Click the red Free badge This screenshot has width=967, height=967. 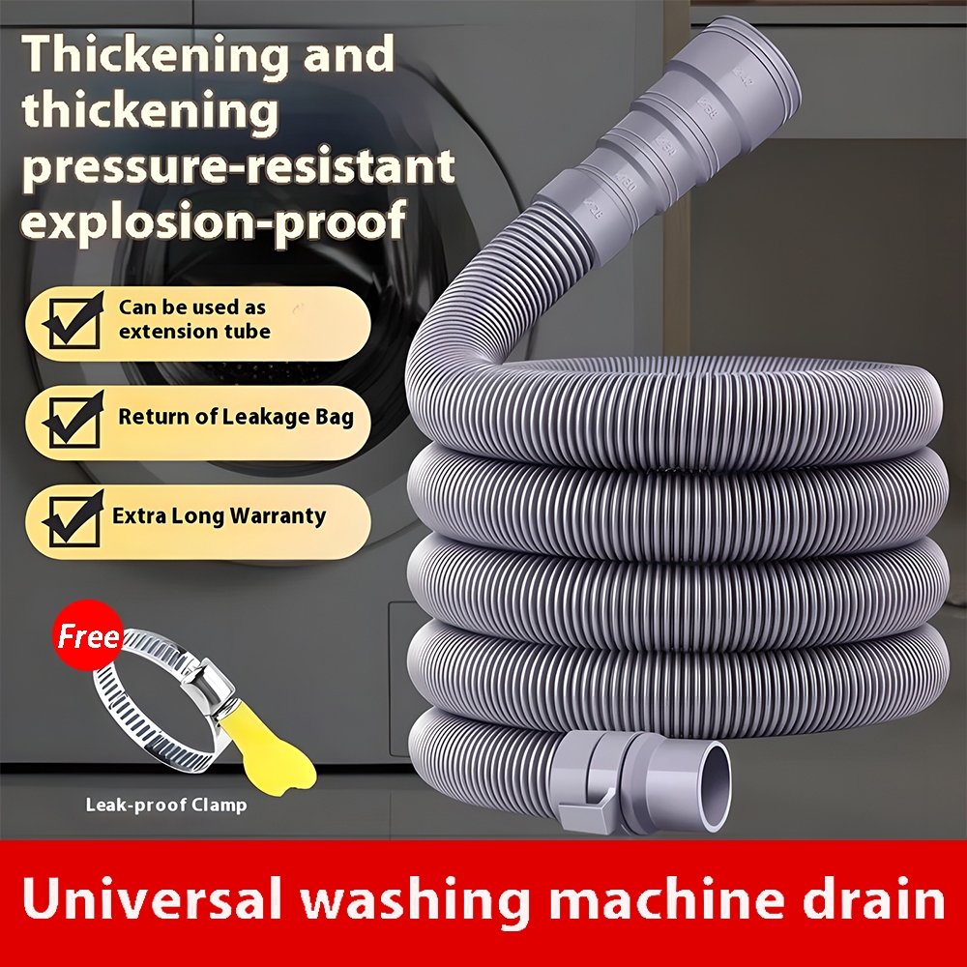[88, 635]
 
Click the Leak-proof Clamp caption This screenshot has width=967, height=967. [166, 805]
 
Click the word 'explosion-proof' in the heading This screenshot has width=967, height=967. [214, 220]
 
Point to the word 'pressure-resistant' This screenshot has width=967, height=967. [238, 165]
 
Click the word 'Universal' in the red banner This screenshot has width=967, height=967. [152, 898]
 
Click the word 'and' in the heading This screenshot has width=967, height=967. [349, 54]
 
